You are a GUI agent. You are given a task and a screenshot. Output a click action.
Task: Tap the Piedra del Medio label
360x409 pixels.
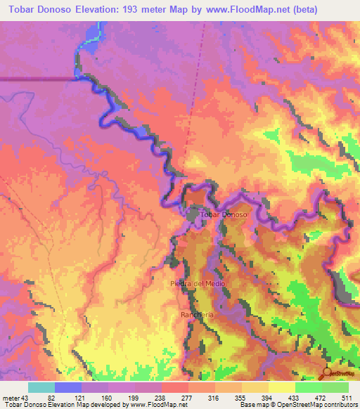click(x=196, y=283)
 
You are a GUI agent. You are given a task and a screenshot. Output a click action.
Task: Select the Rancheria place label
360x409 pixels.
click(x=196, y=313)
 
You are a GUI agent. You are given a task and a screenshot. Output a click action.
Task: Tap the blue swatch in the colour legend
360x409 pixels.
click(x=68, y=387)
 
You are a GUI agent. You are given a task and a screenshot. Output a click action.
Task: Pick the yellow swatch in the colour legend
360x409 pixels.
click(x=283, y=387)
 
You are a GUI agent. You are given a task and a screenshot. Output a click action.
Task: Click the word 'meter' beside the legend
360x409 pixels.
click(x=10, y=398)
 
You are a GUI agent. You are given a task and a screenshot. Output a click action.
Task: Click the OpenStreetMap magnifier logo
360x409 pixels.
click(x=328, y=373)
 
